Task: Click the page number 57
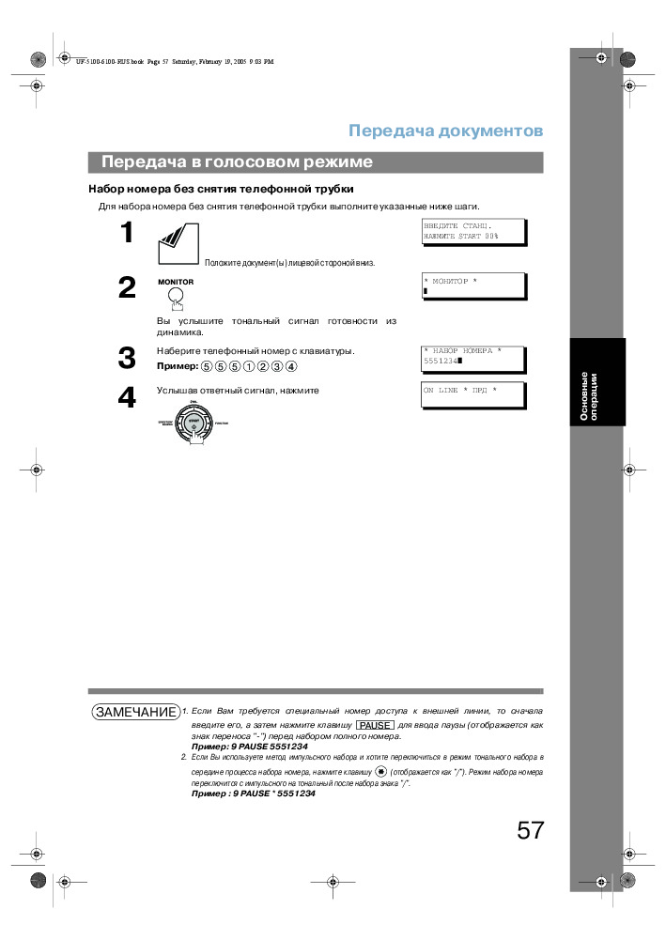(x=530, y=830)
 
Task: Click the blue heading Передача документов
(x=445, y=131)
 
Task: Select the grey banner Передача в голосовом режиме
(x=316, y=162)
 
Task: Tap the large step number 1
(x=127, y=234)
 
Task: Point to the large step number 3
(x=127, y=358)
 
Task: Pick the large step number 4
(x=127, y=398)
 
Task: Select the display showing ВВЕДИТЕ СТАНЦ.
(x=472, y=232)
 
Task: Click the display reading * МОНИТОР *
(x=472, y=285)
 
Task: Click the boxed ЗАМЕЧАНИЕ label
(x=135, y=712)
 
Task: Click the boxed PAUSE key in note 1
(x=375, y=725)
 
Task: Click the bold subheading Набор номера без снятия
(x=221, y=189)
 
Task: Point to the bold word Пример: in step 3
(x=178, y=366)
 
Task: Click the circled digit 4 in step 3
(x=291, y=366)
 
